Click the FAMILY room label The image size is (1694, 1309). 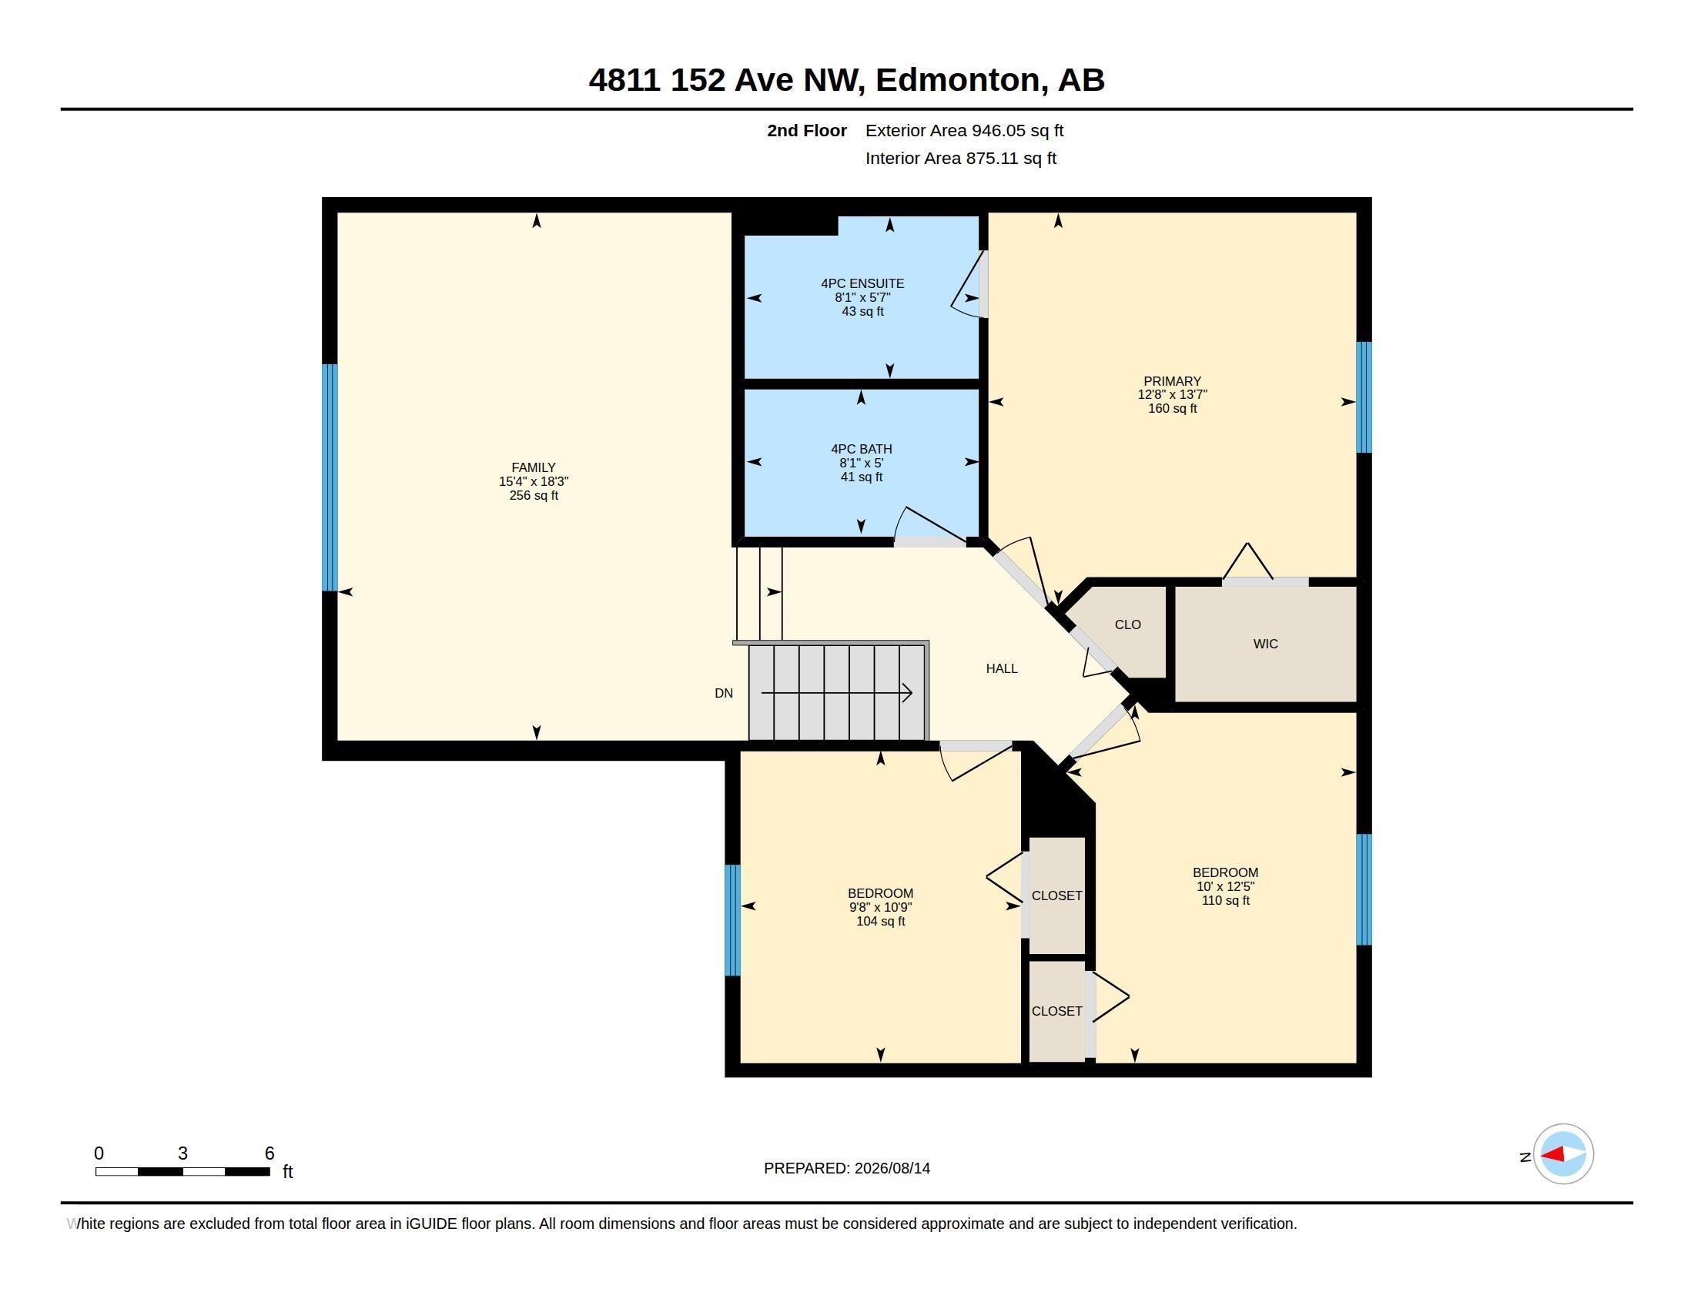[533, 467]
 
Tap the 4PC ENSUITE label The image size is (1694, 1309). [862, 284]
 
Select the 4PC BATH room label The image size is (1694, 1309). [861, 449]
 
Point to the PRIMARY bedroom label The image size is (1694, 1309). [1172, 381]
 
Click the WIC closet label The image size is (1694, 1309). [1265, 644]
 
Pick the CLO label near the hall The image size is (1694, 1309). [1128, 624]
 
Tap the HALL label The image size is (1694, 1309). [1001, 668]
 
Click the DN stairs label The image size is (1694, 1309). [724, 693]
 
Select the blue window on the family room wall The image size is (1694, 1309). [330, 477]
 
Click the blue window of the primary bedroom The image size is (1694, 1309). [1364, 397]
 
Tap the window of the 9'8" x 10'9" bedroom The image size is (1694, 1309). [732, 919]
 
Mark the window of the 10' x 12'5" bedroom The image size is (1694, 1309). [1364, 889]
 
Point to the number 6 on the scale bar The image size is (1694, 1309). [270, 1153]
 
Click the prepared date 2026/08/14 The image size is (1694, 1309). [892, 1168]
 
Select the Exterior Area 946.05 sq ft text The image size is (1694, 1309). [964, 130]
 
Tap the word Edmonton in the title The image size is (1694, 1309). [958, 80]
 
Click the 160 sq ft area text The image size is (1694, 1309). [1172, 409]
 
